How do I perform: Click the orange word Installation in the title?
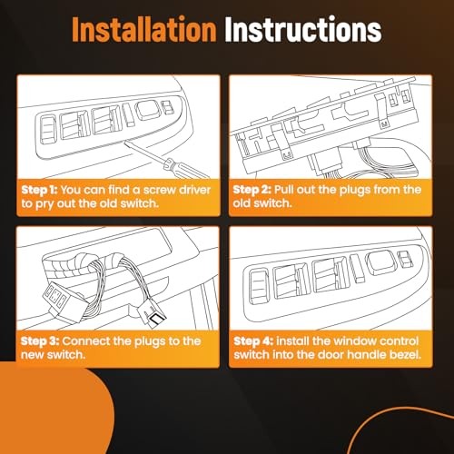pyautogui.click(x=144, y=29)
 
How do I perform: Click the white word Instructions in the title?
pyautogui.click(x=303, y=29)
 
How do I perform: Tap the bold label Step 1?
pyautogui.click(x=39, y=190)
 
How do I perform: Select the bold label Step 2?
pyautogui.click(x=252, y=190)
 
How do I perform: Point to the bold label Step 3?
pyautogui.click(x=40, y=341)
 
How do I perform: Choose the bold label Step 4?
pyautogui.click(x=253, y=341)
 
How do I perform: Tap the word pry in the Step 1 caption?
pyautogui.click(x=44, y=204)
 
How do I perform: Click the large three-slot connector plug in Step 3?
pyautogui.click(x=64, y=303)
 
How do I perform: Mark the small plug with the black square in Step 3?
pyautogui.click(x=153, y=316)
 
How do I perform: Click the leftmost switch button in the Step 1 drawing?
pyautogui.click(x=48, y=129)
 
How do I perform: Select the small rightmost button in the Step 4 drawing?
pyautogui.click(x=405, y=260)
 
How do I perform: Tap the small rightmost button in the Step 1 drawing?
pyautogui.click(x=167, y=107)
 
